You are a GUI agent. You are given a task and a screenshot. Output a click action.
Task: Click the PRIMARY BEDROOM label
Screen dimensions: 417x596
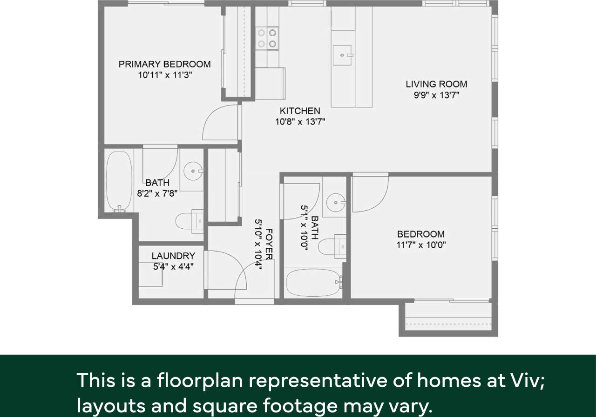[x=164, y=64]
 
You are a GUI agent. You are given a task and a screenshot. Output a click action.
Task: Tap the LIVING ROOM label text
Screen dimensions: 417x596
[x=436, y=84]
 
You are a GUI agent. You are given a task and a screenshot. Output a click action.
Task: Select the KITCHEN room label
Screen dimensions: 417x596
[x=300, y=111]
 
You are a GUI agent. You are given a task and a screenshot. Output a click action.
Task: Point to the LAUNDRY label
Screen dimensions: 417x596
[x=173, y=256]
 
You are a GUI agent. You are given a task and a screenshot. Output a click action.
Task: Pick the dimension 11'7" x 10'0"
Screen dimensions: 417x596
[x=421, y=245]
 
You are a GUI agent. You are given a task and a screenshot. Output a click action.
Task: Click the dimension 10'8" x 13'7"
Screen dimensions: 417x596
[x=300, y=122]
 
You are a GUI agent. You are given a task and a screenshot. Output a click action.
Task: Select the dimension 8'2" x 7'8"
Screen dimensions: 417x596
[x=157, y=194]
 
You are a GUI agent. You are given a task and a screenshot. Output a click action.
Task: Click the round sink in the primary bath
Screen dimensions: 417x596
[x=192, y=171]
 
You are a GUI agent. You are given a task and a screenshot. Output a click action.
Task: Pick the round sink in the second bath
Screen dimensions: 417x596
[x=335, y=203]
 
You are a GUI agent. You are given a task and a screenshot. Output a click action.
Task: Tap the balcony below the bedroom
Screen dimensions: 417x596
[x=448, y=318]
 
